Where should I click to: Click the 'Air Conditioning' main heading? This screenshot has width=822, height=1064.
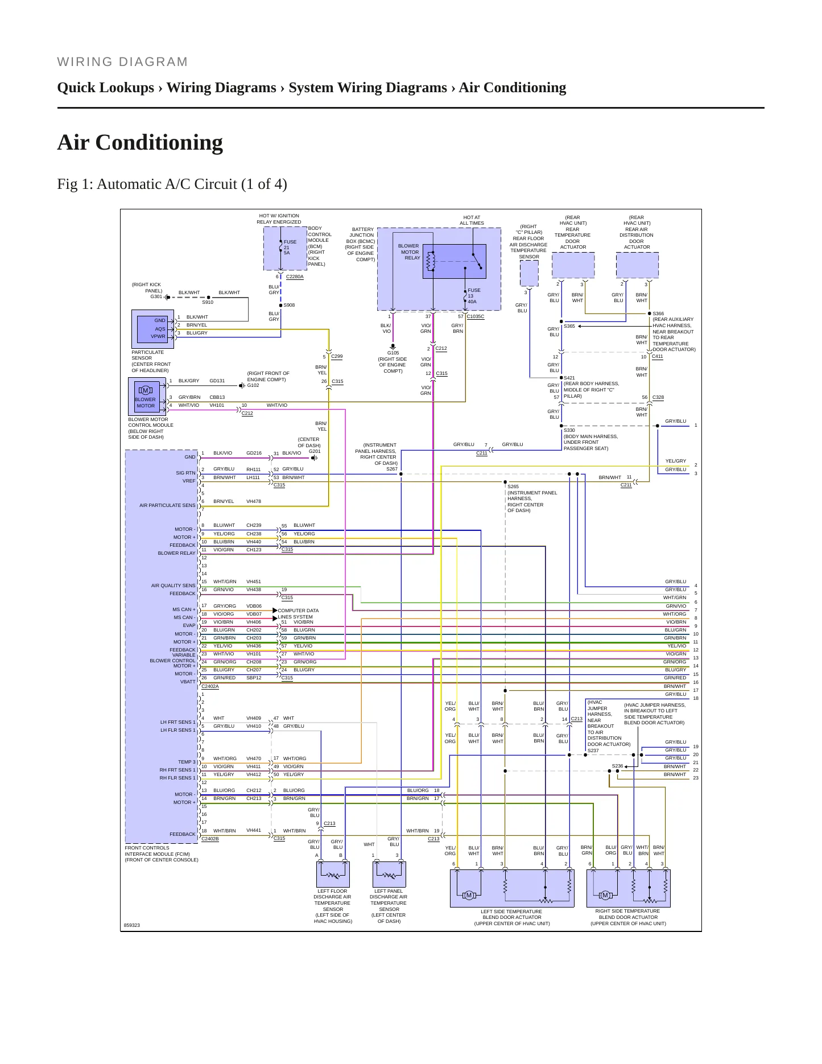(140, 142)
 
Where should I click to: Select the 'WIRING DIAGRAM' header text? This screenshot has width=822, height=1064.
(122, 62)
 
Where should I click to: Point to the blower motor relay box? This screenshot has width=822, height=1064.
(454, 261)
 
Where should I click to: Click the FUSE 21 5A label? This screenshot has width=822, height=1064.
(290, 247)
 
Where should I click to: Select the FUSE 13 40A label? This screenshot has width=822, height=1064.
(474, 296)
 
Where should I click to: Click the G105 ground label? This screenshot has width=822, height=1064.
(393, 353)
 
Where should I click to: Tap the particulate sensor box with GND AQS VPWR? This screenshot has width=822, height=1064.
(152, 329)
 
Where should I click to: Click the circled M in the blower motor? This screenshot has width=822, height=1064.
(145, 390)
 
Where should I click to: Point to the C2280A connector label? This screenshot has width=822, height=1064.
(295, 277)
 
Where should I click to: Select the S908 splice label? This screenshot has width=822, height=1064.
(289, 306)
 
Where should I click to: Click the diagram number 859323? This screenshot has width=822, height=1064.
(132, 925)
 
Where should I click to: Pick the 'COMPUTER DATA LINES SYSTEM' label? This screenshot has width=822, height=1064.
(298, 613)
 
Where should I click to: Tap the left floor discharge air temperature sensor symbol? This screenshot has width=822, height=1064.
(333, 874)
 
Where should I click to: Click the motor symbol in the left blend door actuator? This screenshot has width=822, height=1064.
(469, 896)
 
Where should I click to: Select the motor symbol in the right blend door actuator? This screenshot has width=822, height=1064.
(605, 896)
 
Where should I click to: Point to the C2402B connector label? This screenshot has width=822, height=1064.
(210, 839)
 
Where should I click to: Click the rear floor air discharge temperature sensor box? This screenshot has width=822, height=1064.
(529, 274)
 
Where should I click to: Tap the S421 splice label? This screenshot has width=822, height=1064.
(569, 378)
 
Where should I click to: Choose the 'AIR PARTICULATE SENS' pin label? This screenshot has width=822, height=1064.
(167, 505)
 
